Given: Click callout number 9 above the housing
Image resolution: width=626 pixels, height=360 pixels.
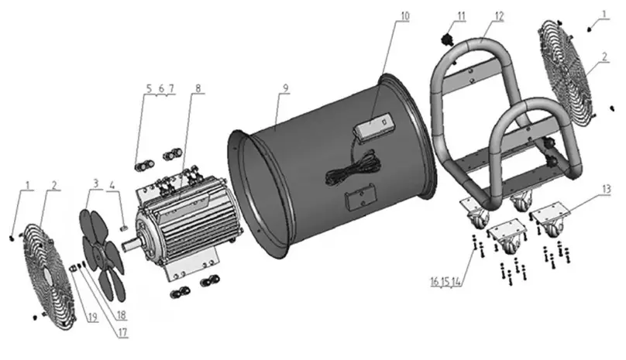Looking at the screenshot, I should click(x=284, y=87).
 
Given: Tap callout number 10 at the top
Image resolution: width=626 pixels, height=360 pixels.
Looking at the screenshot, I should click(x=406, y=16).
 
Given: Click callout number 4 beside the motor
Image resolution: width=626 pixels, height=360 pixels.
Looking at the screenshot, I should click(x=113, y=184).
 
